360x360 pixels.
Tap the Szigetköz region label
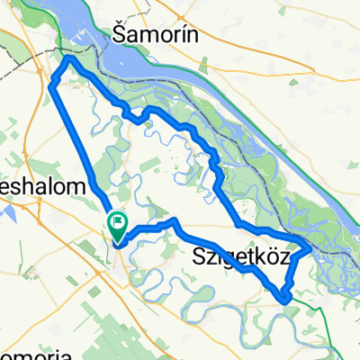(x=241, y=257)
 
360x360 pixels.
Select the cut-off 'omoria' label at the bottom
(x=36, y=352)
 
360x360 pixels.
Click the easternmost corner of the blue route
(x=310, y=245)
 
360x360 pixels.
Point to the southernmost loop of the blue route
(x=285, y=297)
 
